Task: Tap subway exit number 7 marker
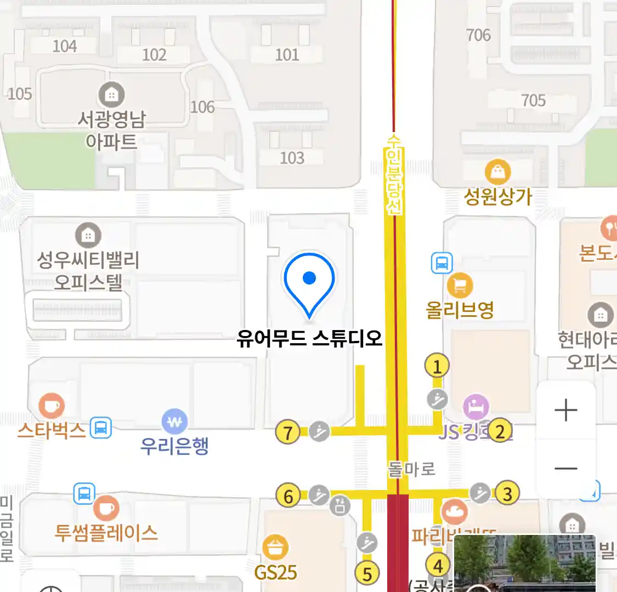pos(287,432)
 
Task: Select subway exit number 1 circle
pos(437,366)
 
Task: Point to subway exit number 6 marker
pos(288,496)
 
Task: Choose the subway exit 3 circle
pos(507,493)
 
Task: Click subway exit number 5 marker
pos(367,574)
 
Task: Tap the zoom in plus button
pos(566,410)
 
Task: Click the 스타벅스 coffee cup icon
pos(51,406)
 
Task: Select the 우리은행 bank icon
pos(174,422)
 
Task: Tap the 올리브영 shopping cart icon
pos(460,284)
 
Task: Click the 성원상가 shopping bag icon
pos(497,173)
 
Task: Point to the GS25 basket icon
pos(275,547)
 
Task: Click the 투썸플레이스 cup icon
pos(106,509)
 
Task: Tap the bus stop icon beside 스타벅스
pos(101,428)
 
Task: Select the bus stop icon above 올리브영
pos(441,263)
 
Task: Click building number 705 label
pos(533,100)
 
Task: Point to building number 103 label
pos(292,158)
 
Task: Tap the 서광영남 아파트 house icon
pos(111,95)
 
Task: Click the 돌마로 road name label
pos(411,469)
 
